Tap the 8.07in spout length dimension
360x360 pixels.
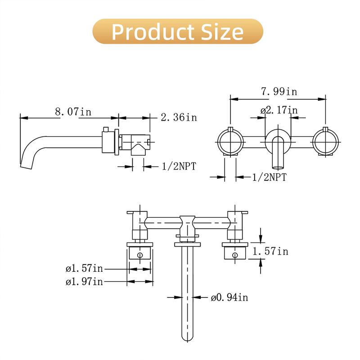[73, 112]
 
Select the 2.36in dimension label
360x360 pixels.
[179, 117]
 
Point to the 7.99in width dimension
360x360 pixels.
[279, 91]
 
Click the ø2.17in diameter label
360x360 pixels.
[279, 110]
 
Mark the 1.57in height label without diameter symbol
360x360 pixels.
[270, 251]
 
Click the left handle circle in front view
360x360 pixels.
[231, 141]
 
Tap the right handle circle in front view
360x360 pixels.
[325, 141]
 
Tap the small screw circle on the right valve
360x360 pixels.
[234, 255]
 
